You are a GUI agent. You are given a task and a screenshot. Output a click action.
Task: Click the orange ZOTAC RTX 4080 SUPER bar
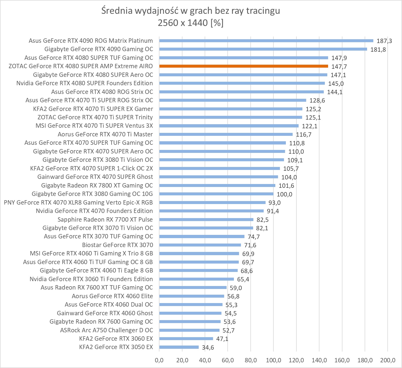coord(244,66)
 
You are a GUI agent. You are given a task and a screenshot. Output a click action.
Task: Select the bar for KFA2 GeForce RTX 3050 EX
coord(179,347)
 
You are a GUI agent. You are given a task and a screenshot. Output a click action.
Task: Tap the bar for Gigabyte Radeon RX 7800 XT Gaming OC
coord(217,185)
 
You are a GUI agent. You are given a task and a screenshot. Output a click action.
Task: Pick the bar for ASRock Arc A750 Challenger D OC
coord(189,330)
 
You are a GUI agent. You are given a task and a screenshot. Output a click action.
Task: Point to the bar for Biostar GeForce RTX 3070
coord(200,245)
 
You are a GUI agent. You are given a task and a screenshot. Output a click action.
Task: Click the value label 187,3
coord(384,41)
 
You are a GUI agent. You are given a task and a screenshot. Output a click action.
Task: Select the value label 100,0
coord(284,194)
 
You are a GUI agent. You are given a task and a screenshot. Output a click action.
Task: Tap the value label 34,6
coord(208,347)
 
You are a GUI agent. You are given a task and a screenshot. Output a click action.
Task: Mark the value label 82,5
coord(263,220)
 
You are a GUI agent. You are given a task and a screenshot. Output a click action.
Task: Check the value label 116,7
coord(303,134)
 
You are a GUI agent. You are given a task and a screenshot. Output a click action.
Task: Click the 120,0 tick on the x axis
coord(296,360)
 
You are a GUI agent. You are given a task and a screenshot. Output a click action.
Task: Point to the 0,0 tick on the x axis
coord(159,360)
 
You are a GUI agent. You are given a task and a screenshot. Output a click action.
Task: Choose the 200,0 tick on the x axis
coord(387,360)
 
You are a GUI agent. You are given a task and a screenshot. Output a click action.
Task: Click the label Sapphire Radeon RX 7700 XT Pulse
coord(105,219)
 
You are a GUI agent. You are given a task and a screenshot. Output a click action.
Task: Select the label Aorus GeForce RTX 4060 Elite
coord(112,296)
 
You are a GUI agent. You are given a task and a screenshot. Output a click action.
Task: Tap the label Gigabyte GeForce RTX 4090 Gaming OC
coord(99,49)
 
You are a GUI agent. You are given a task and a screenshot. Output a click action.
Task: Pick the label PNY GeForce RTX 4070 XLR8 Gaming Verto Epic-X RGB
coord(78,202)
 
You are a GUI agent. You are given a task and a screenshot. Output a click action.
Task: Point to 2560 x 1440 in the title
coord(183,23)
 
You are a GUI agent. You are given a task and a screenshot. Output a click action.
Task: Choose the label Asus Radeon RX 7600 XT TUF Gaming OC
coord(97,287)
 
